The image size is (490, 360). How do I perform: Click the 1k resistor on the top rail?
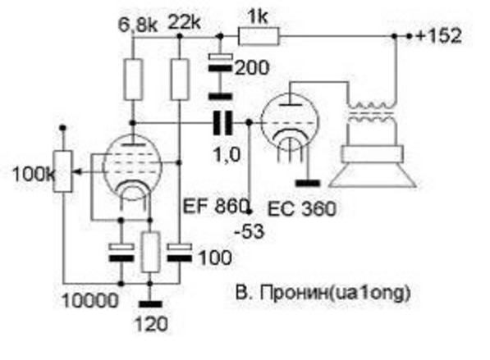(x=259, y=37)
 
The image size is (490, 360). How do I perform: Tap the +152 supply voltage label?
(x=438, y=35)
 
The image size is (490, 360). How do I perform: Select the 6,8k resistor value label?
(x=138, y=25)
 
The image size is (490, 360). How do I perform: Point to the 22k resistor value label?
(x=184, y=22)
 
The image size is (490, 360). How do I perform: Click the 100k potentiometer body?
(x=63, y=171)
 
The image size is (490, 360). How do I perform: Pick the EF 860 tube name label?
(x=215, y=206)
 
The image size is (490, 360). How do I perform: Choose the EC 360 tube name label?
(x=302, y=209)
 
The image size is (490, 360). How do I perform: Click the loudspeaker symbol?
(x=372, y=167)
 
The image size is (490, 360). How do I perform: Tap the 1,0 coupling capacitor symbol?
(x=222, y=123)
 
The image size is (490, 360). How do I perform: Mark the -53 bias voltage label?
(x=250, y=232)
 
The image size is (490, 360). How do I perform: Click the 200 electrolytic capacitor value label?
(x=251, y=68)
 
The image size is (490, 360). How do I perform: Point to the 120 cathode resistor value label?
(x=151, y=324)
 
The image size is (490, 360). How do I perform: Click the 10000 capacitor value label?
(x=90, y=301)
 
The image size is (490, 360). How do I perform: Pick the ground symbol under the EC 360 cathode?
(x=308, y=183)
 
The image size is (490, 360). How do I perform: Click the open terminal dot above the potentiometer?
(x=63, y=128)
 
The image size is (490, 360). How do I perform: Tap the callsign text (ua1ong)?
(x=369, y=294)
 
